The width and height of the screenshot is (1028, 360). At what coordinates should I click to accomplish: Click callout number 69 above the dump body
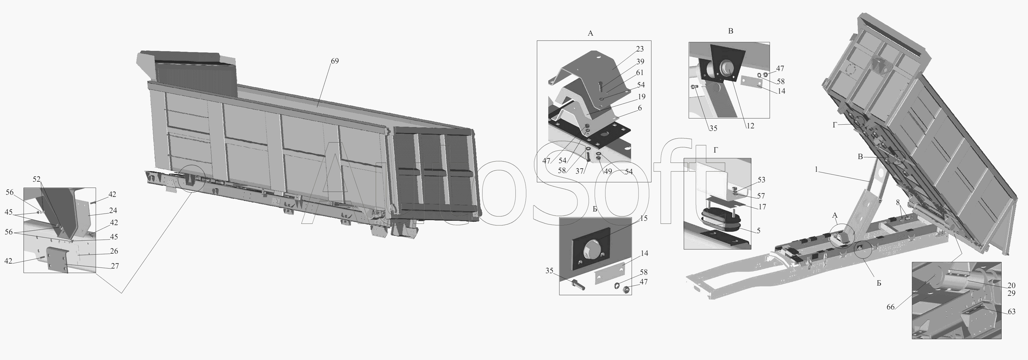(334, 61)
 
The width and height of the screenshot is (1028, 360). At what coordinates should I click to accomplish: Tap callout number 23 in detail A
(640, 49)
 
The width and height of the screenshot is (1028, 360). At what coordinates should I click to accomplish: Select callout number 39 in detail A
(640, 61)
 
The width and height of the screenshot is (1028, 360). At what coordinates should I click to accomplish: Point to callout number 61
(640, 73)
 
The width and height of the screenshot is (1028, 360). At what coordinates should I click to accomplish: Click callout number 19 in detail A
(641, 96)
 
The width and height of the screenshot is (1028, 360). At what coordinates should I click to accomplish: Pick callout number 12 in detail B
(750, 126)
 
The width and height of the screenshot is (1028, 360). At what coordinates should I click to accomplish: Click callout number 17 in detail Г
(762, 207)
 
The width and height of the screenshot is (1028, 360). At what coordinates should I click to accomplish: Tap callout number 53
(761, 180)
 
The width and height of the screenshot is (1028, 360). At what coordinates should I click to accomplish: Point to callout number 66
(891, 307)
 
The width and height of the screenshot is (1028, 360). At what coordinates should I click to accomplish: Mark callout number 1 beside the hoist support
(816, 170)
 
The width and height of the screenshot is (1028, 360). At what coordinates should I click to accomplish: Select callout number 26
(114, 251)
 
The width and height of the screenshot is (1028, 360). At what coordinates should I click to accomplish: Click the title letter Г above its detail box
(716, 150)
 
